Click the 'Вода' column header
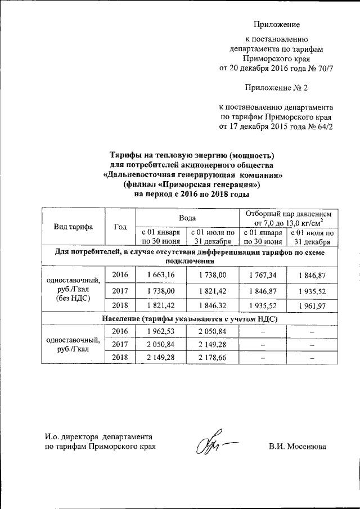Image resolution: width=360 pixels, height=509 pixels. [x=187, y=217]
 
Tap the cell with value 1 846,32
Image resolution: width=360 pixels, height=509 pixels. [x=212, y=305]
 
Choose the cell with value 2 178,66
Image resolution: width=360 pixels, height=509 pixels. [x=212, y=357]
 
